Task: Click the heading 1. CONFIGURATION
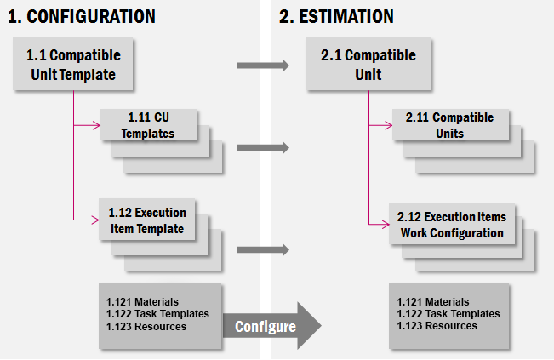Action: click(82, 17)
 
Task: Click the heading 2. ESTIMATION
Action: click(336, 17)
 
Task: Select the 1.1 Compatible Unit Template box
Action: click(73, 64)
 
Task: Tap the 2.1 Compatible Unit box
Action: click(368, 64)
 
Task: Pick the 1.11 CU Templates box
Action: click(148, 125)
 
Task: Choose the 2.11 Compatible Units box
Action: click(450, 125)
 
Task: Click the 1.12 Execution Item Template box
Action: click(147, 220)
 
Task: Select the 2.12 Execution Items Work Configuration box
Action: click(452, 224)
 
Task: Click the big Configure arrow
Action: click(272, 326)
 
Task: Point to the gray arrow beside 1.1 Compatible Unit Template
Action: click(263, 66)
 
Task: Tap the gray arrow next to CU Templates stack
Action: click(263, 147)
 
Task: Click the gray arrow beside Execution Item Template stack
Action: click(263, 249)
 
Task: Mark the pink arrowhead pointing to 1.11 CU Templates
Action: click(96, 125)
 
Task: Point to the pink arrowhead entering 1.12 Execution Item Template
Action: click(95, 220)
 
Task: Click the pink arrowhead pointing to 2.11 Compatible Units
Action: click(388, 125)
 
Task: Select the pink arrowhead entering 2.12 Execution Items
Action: click(386, 224)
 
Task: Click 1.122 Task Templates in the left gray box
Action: click(157, 314)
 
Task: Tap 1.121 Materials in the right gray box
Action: click(433, 302)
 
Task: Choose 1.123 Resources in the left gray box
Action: click(146, 326)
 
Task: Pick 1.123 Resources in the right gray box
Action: click(437, 325)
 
